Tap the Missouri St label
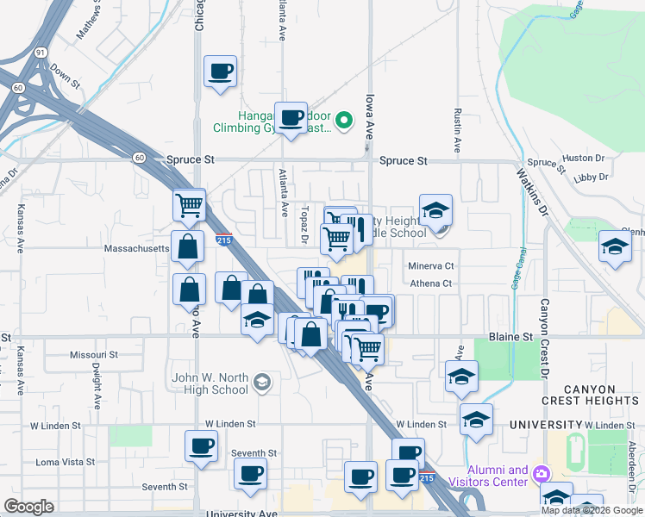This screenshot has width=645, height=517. [x=94, y=354]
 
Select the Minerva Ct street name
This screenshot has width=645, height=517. [x=430, y=266]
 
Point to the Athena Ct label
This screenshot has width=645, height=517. [x=430, y=283]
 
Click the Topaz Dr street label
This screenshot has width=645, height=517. [x=305, y=225]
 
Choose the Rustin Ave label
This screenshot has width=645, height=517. [x=457, y=129]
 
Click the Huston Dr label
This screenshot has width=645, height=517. [x=583, y=159]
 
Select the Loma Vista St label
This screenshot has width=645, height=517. [x=66, y=462]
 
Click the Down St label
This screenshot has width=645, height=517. [x=65, y=75]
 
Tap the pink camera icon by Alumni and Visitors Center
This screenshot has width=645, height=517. [x=541, y=474]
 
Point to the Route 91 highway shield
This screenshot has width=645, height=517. [x=41, y=52]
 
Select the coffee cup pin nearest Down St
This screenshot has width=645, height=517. [x=220, y=71]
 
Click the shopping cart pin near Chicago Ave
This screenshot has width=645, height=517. [x=189, y=205]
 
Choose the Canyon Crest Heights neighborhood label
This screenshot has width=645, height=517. [x=590, y=392]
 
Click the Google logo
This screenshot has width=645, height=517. [x=30, y=507]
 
